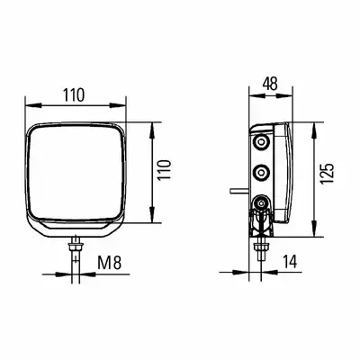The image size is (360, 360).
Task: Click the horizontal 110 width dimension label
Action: pyautogui.click(x=74, y=95)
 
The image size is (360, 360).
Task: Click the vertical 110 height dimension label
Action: pyautogui.click(x=165, y=170)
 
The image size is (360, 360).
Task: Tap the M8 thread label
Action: pyautogui.click(x=110, y=263)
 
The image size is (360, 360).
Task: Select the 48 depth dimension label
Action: pyautogui.click(x=270, y=84)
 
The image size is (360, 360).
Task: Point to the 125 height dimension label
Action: pyautogui.click(x=327, y=174)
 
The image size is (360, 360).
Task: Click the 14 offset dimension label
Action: pyautogui.click(x=290, y=261)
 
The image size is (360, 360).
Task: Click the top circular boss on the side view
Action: pyautogui.click(x=261, y=141)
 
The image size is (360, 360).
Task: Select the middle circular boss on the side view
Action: pyautogui.click(x=261, y=172)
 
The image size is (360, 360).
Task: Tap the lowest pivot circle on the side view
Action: pyautogui.click(x=262, y=203)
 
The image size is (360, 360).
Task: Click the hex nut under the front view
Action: pyautogui.click(x=76, y=248)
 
